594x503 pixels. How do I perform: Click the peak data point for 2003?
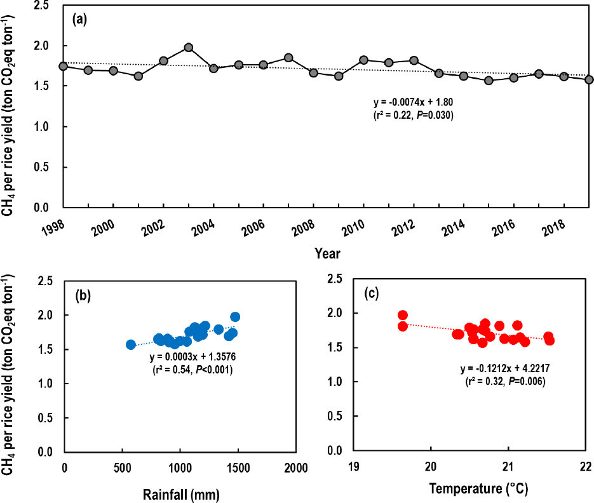[x=188, y=48]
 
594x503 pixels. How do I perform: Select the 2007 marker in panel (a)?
[x=288, y=58]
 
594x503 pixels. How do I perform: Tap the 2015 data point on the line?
[x=489, y=81]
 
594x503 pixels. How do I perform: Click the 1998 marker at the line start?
[x=63, y=66]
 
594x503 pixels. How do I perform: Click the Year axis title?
[x=327, y=254]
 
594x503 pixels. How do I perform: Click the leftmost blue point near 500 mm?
[x=131, y=344]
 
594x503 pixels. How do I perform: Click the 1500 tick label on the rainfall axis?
[x=238, y=467]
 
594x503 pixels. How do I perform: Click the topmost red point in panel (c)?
[x=403, y=315]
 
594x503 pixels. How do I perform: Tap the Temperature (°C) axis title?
[x=479, y=489]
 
